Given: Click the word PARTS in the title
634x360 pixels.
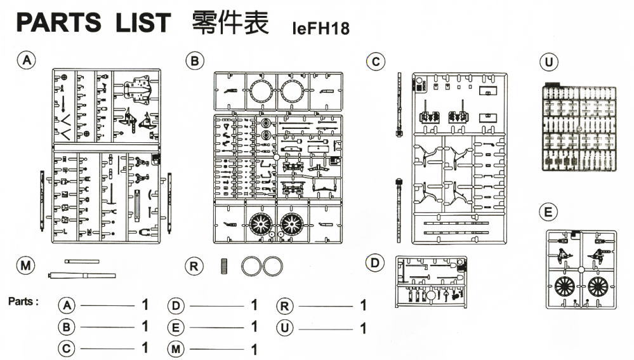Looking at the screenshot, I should pyautogui.click(x=58, y=23).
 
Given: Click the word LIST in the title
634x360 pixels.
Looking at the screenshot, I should pyautogui.click(x=143, y=23).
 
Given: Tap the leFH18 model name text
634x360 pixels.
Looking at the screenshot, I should pyautogui.click(x=321, y=29).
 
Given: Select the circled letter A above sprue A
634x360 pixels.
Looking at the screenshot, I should pyautogui.click(x=26, y=60).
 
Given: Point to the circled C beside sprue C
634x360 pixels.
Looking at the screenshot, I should pyautogui.click(x=376, y=62).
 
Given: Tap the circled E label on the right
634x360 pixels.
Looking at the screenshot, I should pyautogui.click(x=547, y=212).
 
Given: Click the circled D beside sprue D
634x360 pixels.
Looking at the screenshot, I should pyautogui.click(x=376, y=262).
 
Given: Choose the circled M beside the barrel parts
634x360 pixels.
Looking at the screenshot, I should pyautogui.click(x=26, y=266).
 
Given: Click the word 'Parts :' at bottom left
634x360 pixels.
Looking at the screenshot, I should pyautogui.click(x=23, y=301).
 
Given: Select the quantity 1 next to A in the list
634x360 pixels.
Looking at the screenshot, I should pyautogui.click(x=145, y=305).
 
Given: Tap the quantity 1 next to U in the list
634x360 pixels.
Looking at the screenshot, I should pyautogui.click(x=363, y=328).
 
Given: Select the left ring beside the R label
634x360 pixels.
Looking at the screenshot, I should pyautogui.click(x=251, y=265).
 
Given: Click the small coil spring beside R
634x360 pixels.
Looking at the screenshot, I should pyautogui.click(x=224, y=265).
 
